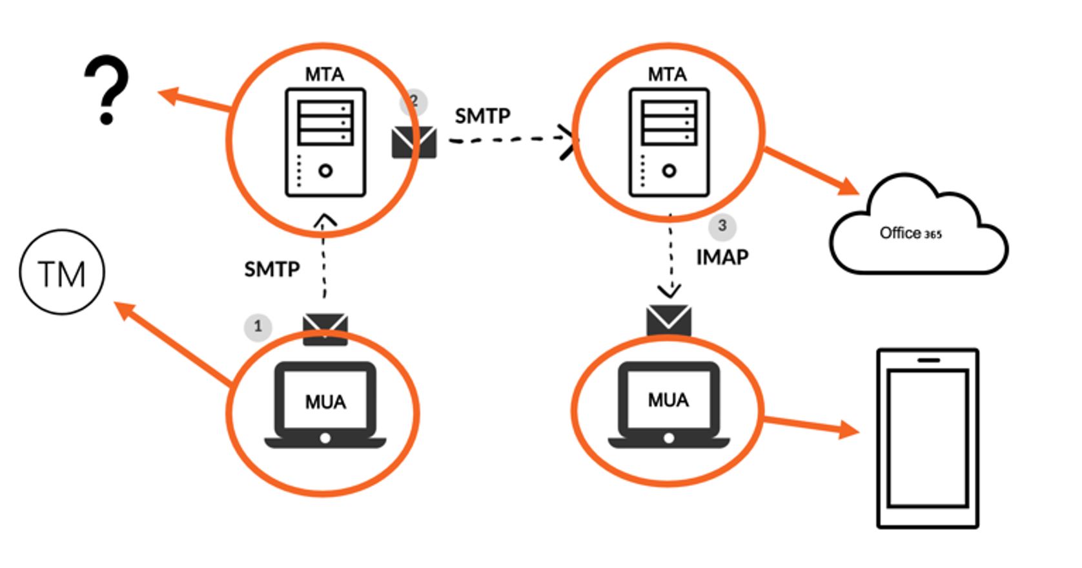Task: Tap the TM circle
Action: click(62, 273)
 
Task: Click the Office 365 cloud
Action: click(917, 230)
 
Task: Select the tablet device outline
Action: click(928, 439)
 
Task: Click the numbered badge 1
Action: click(258, 326)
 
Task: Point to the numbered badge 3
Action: click(722, 226)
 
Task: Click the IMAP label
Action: click(722, 257)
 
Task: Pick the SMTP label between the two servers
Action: click(482, 116)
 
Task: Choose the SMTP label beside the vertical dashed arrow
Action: click(272, 269)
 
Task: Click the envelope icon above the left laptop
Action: click(325, 328)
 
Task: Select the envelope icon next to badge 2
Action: click(414, 142)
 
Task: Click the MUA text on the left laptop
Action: click(325, 403)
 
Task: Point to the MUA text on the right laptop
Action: click(668, 401)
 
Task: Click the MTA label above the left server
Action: click(324, 75)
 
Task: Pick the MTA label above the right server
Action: click(667, 75)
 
